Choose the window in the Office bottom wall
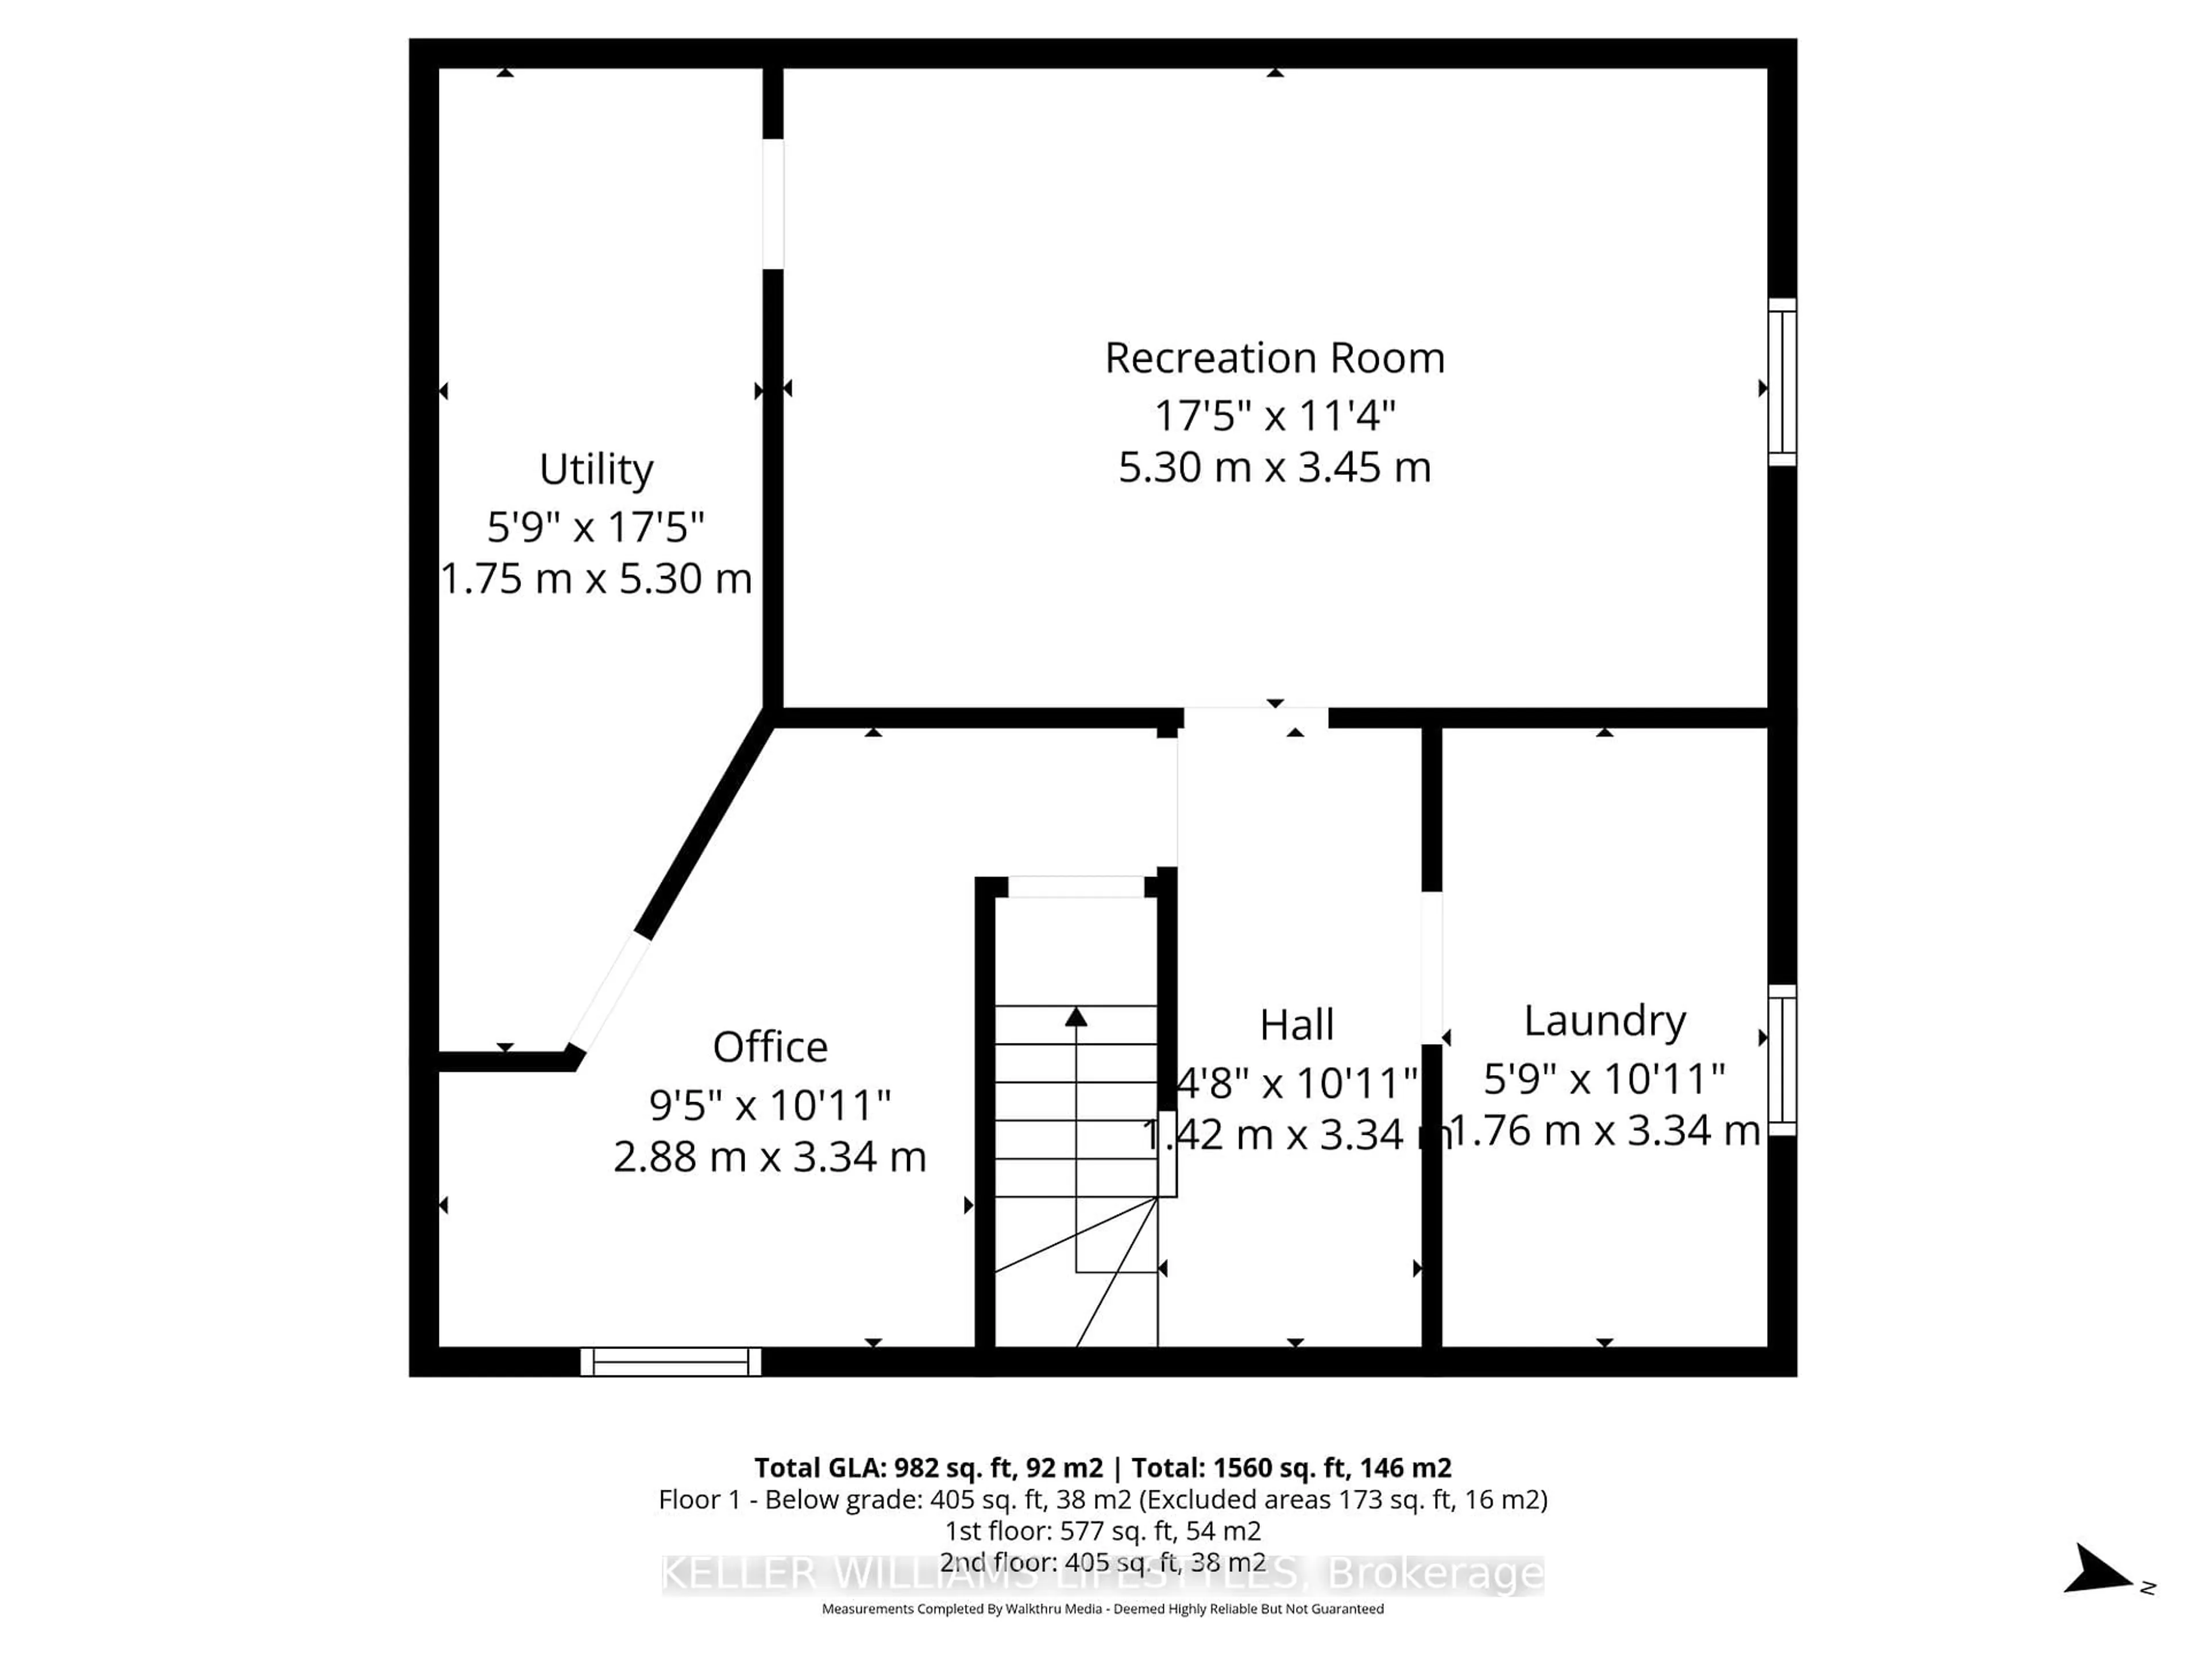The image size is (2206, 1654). [x=670, y=1362]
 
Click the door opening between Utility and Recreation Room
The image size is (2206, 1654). [x=773, y=204]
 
